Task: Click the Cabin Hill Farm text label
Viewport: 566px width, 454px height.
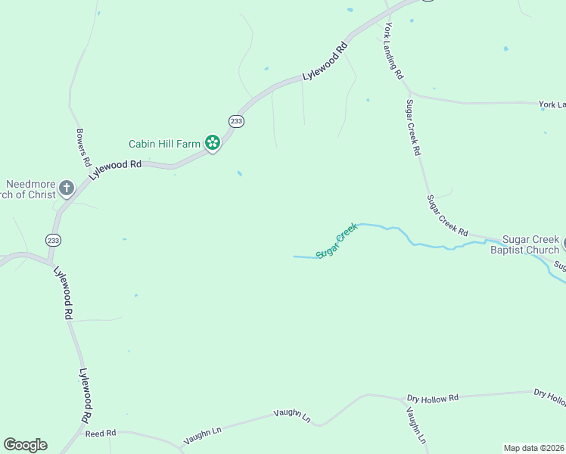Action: [x=163, y=143]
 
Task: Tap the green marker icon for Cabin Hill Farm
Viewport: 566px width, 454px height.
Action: [x=213, y=142]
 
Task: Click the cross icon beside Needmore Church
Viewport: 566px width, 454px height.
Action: [x=67, y=188]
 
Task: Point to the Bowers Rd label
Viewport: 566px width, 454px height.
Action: [x=83, y=148]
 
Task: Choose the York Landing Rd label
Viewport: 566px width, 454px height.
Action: [x=393, y=51]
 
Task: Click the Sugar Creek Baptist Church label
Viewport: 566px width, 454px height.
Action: [x=525, y=244]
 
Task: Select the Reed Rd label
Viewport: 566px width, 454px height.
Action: [x=100, y=433]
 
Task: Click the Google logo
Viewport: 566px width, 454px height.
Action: [x=25, y=445]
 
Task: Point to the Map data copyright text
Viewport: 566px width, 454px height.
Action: [x=533, y=448]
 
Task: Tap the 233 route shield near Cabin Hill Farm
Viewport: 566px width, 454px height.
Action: [x=237, y=121]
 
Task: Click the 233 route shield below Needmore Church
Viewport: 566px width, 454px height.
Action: [x=53, y=240]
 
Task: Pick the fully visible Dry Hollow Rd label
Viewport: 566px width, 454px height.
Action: [x=433, y=398]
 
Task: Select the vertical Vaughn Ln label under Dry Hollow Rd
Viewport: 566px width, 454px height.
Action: [x=416, y=425]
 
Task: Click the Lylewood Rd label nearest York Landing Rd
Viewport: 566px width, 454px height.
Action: [x=325, y=61]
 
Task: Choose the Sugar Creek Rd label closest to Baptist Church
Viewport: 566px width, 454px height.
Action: [x=447, y=215]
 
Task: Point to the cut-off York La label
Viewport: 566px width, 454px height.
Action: [x=552, y=104]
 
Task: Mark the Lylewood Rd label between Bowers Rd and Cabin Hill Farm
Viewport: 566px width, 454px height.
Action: [x=116, y=169]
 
